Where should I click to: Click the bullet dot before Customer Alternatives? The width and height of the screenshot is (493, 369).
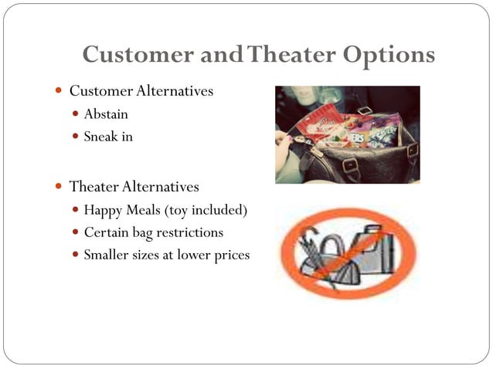click(59, 92)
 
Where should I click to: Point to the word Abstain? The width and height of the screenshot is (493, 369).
click(106, 115)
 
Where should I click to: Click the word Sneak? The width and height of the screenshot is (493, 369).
click(100, 138)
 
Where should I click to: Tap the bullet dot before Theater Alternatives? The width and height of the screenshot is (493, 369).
click(59, 187)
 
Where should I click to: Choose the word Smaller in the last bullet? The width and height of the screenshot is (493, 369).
click(109, 255)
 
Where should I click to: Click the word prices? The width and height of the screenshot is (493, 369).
click(230, 255)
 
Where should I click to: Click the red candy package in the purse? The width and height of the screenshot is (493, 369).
click(318, 123)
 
